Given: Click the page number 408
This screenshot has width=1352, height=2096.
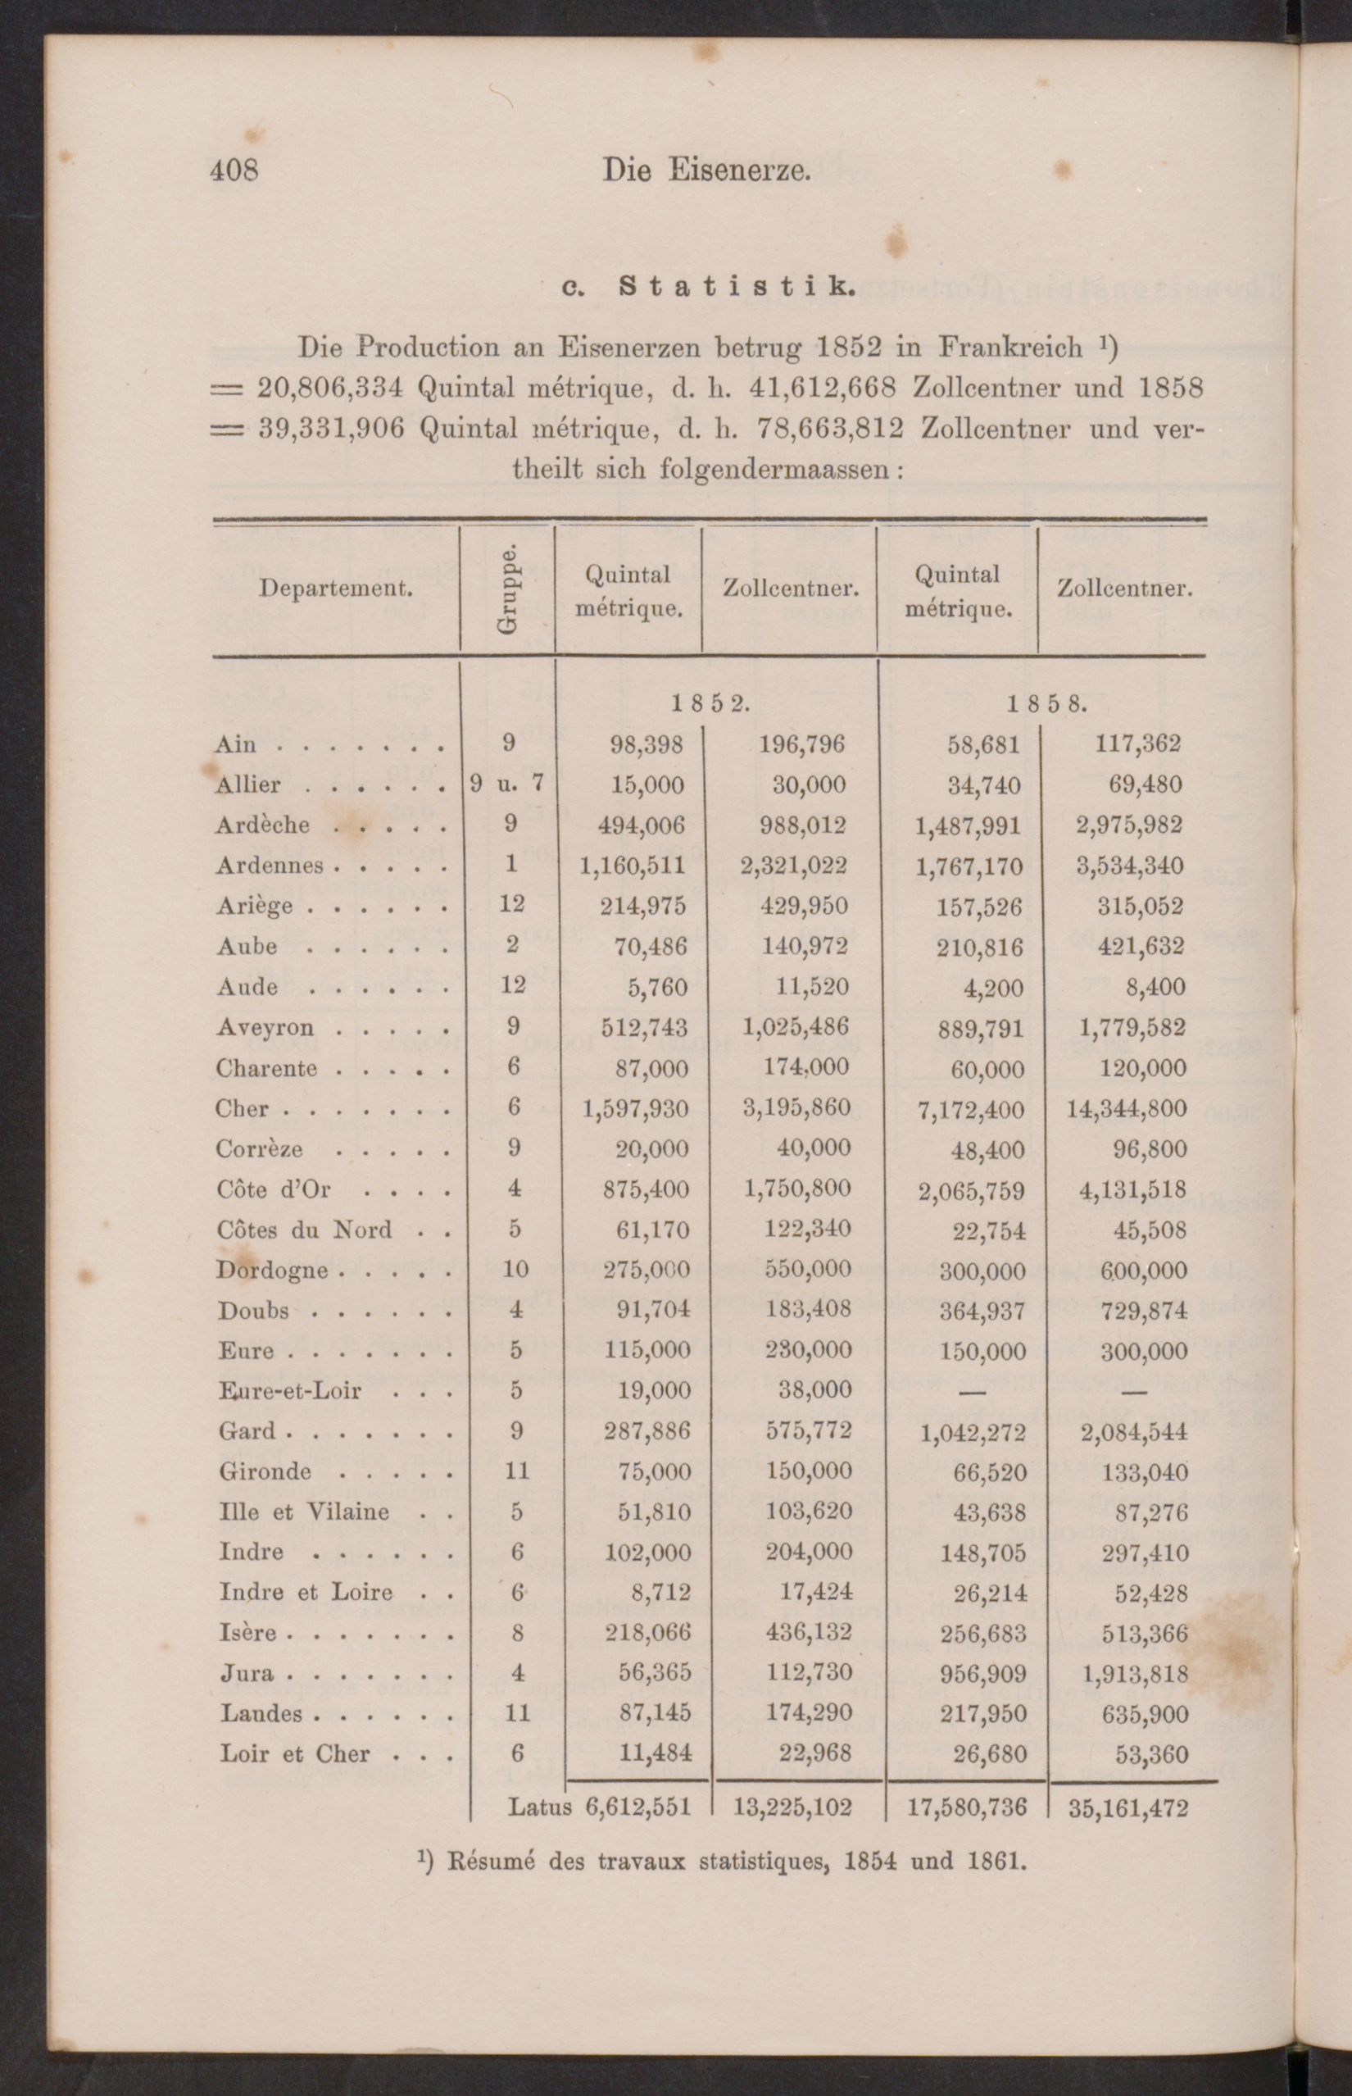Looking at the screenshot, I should [x=234, y=170].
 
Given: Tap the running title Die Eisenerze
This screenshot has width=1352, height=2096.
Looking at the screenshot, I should [x=705, y=170].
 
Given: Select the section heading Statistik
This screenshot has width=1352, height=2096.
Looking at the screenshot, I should [x=736, y=287].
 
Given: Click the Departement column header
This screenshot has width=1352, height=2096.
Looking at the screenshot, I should [x=335, y=588].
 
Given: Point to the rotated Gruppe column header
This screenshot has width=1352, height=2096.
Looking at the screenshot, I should [x=507, y=589].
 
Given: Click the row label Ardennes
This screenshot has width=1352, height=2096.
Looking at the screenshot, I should [x=270, y=866].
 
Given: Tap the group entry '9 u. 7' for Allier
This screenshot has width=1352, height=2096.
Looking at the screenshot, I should [x=507, y=784].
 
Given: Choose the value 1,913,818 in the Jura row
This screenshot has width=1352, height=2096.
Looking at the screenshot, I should [x=1132, y=1674].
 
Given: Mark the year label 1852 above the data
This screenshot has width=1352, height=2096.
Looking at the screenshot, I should [x=710, y=703].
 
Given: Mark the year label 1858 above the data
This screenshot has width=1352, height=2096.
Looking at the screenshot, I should [x=1046, y=703].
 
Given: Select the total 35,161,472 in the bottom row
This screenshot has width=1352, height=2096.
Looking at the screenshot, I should [x=1128, y=1808].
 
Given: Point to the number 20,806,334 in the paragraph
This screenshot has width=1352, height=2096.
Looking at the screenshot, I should [x=330, y=387].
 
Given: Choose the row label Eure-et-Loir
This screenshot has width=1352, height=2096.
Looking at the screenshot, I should [x=290, y=1391].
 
